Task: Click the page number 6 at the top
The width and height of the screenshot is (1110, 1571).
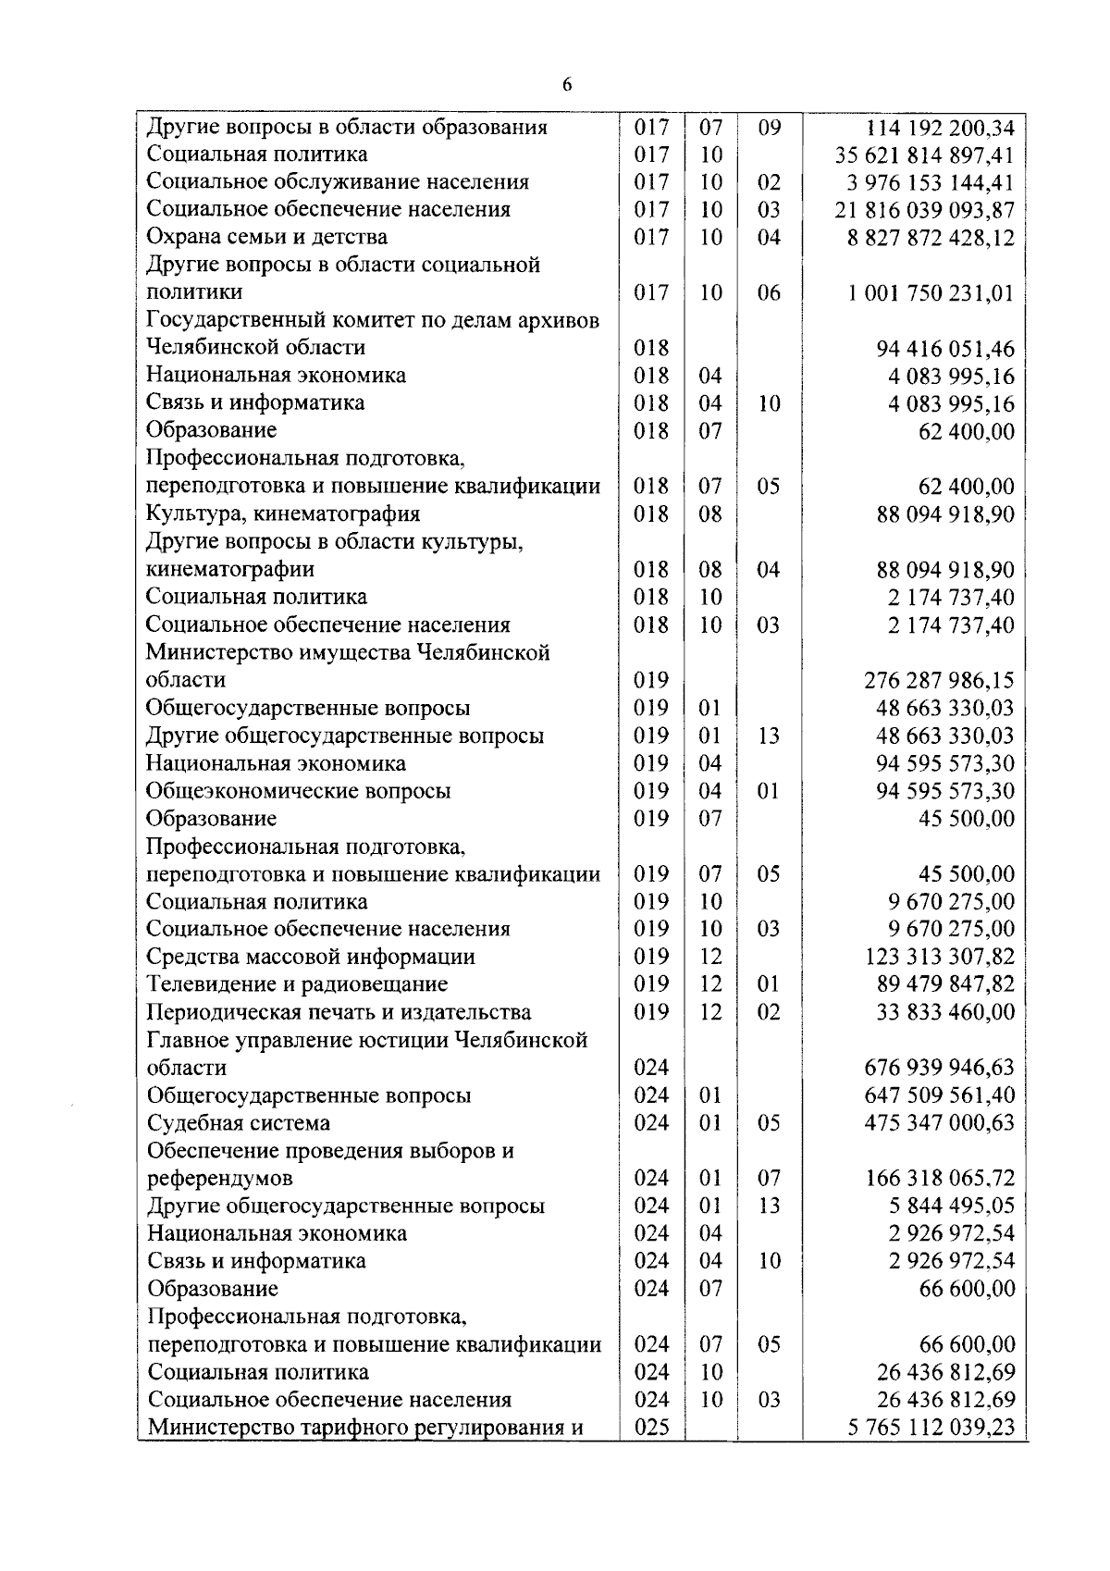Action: point(566,85)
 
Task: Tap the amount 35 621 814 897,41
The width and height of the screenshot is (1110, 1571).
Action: point(925,155)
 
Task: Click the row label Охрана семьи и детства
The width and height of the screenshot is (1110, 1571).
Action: point(267,237)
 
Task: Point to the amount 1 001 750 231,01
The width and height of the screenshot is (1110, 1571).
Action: point(931,293)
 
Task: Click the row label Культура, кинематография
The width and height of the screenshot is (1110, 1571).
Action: point(283,513)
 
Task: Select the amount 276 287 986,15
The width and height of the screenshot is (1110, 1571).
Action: point(939,680)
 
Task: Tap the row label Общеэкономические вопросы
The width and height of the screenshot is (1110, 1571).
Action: point(299,791)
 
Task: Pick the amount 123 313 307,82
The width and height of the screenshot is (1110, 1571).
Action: point(939,957)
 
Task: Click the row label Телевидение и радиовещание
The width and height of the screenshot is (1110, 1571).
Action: point(297,984)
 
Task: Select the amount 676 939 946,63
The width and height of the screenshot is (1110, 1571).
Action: point(939,1068)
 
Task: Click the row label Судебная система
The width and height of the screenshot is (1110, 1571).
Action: point(239,1123)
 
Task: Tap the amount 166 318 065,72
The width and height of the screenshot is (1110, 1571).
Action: point(939,1179)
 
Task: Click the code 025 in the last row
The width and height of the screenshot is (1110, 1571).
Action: point(651,1428)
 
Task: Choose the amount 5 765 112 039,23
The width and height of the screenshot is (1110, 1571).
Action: point(931,1428)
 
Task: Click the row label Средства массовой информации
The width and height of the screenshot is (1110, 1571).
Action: point(311,957)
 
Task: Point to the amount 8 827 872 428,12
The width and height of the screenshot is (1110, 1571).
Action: point(931,238)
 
